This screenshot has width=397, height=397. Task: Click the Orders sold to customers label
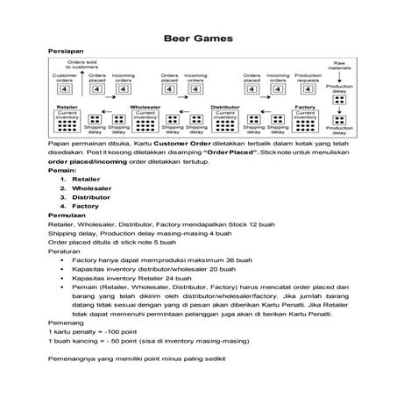pos(82,65)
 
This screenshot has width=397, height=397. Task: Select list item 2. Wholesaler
pos(85,188)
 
